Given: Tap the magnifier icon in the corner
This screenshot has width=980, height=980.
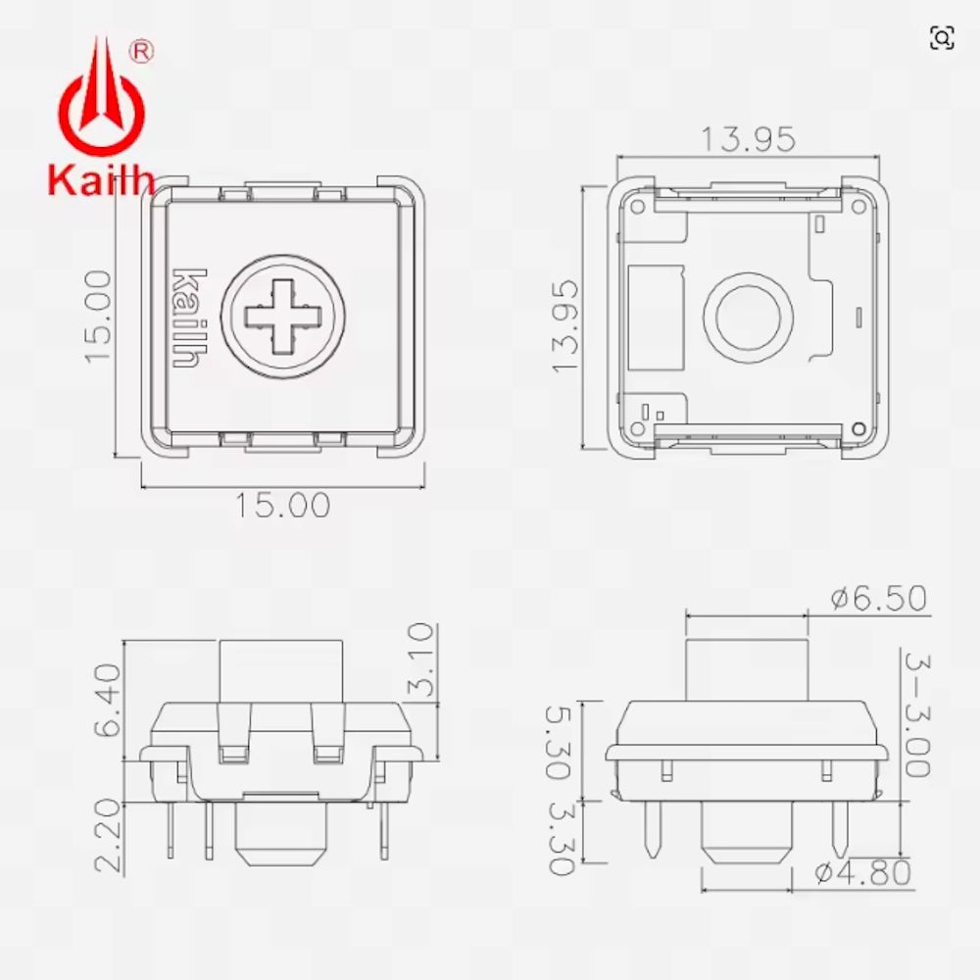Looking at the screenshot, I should click(x=942, y=37).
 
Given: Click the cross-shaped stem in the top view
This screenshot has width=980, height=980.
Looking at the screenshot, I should click(x=282, y=316).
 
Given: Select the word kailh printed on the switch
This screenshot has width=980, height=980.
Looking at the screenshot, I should click(x=186, y=317).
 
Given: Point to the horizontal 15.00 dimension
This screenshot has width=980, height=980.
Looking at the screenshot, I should click(x=282, y=506).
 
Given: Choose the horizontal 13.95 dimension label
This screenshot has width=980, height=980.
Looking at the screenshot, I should click(x=747, y=140).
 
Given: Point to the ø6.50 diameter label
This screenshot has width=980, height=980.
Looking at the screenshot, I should click(x=878, y=598).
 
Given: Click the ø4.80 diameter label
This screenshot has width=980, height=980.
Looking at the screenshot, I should click(x=863, y=871).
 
